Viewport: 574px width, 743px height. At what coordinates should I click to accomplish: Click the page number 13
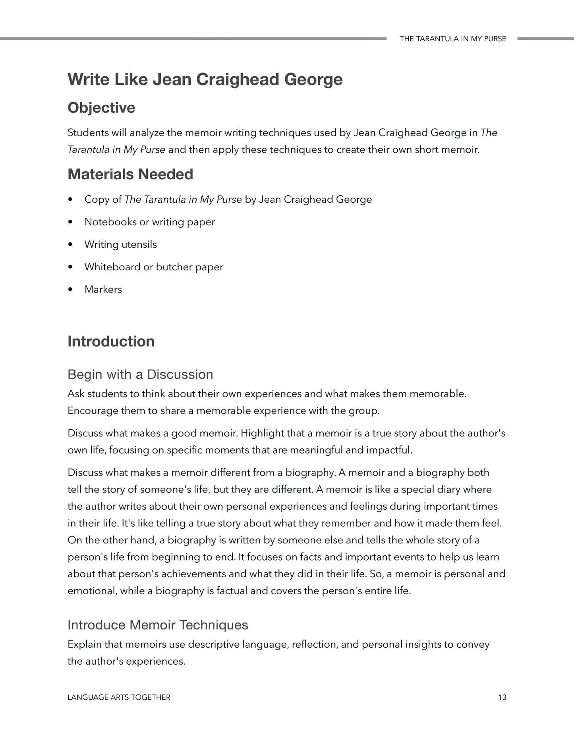pos(502,697)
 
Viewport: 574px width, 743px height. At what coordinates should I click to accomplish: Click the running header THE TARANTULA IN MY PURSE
pos(453,39)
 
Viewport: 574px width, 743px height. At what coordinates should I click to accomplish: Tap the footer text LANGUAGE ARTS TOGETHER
pos(119,697)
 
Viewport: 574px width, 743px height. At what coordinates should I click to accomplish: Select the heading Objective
pos(101,108)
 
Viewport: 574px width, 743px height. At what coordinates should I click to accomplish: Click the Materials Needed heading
pos(130,174)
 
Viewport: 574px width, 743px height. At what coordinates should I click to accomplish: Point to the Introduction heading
pos(111,341)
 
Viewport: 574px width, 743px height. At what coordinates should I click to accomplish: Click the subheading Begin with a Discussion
pos(140,374)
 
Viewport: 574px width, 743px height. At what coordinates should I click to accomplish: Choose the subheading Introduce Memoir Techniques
pos(158,625)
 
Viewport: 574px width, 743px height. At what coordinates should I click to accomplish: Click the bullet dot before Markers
pos(71,289)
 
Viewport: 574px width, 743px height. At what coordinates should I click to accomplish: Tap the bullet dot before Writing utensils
pos(71,244)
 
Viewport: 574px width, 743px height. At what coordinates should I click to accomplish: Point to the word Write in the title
pos(89,80)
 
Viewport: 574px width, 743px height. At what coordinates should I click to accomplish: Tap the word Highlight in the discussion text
pos(262,433)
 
